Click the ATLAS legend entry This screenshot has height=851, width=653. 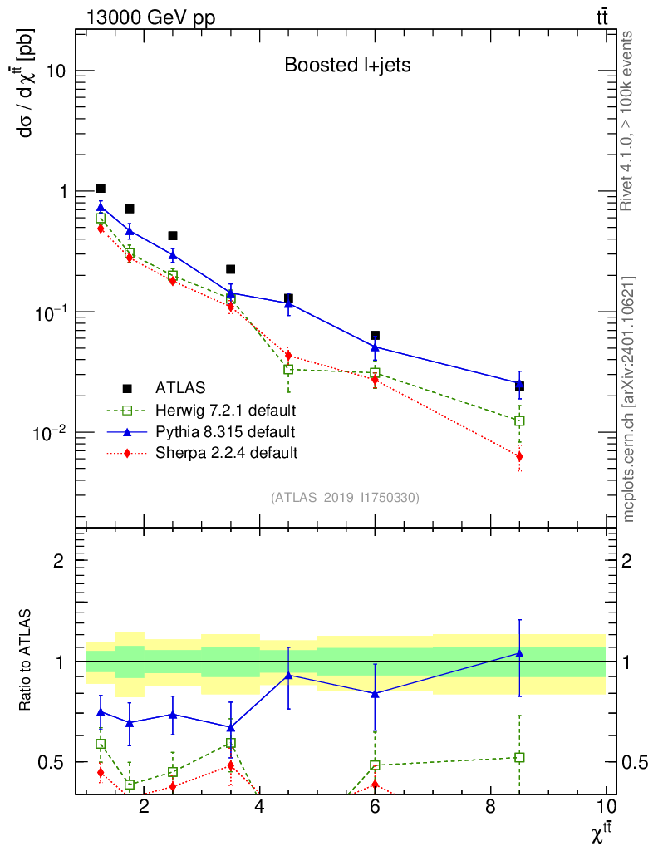click(x=179, y=387)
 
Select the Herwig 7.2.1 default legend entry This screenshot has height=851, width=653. click(x=225, y=410)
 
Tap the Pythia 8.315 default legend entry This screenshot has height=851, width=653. click(x=224, y=431)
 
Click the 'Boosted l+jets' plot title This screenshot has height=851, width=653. click(x=347, y=65)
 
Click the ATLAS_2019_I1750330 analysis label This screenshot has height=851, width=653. click(x=345, y=498)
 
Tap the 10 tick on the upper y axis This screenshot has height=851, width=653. click(x=56, y=71)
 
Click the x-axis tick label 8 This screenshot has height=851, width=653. click(x=490, y=806)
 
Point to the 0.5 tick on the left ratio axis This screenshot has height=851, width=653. click(x=55, y=762)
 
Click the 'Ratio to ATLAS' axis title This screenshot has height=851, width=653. click(x=27, y=662)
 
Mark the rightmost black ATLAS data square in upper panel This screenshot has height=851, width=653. click(x=519, y=386)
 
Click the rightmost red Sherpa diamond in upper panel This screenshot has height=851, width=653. click(x=519, y=456)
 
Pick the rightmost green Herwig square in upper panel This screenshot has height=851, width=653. click(x=519, y=421)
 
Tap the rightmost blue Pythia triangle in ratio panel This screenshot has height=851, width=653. click(x=519, y=654)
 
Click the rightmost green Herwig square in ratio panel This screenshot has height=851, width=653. click(x=519, y=757)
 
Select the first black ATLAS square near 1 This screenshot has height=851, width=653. click(x=101, y=189)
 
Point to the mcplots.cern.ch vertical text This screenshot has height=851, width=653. click(x=628, y=399)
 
